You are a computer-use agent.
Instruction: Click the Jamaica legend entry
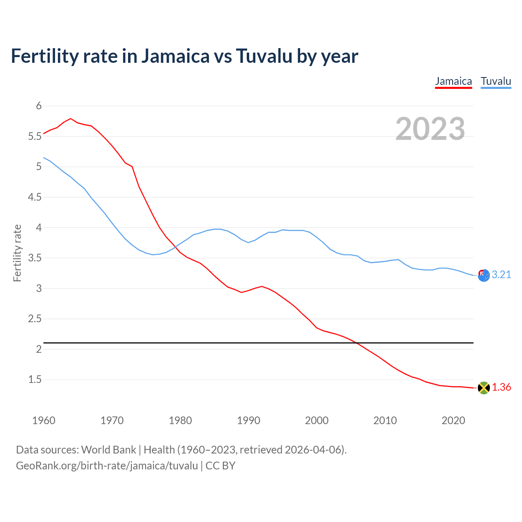point(453,81)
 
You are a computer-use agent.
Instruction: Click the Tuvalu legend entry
point(495,81)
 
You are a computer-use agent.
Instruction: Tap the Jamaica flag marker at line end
point(483,388)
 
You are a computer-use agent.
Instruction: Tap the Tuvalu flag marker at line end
point(483,275)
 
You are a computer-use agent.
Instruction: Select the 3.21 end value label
point(501,275)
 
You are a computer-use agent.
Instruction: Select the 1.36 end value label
point(501,387)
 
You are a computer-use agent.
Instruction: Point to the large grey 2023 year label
point(430,129)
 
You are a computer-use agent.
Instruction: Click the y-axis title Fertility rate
point(17,253)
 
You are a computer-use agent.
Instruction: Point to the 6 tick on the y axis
point(39,106)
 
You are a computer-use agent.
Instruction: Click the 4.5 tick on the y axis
point(35,197)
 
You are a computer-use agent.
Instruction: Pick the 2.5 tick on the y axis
point(35,319)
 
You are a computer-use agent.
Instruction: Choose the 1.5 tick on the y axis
point(35,380)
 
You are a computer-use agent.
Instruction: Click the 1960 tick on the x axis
point(44,420)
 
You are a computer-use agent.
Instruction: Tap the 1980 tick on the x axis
point(180,420)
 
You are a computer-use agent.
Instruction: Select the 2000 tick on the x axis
point(316,420)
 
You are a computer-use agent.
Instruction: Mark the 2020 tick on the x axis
point(453,420)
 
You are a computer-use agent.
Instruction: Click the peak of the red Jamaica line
point(71,119)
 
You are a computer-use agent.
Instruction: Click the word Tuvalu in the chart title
point(264,56)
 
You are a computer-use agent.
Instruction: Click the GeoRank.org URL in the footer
point(107,466)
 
